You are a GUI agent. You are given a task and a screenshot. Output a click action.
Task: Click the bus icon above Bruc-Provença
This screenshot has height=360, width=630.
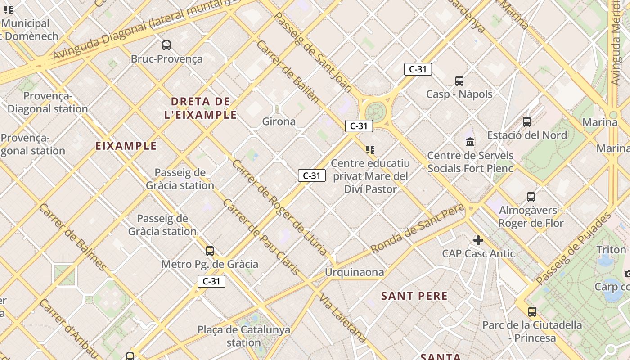pyautogui.click(x=166, y=45)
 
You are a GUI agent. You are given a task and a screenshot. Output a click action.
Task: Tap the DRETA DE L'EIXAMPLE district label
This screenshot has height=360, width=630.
pyautogui.click(x=201, y=108)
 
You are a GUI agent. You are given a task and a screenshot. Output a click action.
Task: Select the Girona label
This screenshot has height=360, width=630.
pyautogui.click(x=279, y=121)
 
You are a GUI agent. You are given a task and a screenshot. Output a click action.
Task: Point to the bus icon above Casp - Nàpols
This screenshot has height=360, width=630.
pyautogui.click(x=459, y=81)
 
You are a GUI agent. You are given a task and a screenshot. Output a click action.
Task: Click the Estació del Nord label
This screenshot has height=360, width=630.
pyautogui.click(x=527, y=135)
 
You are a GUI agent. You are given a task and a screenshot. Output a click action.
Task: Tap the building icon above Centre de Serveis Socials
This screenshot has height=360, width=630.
pyautogui.click(x=470, y=142)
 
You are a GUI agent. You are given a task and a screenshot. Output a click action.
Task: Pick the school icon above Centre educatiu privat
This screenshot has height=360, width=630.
pyautogui.click(x=370, y=149)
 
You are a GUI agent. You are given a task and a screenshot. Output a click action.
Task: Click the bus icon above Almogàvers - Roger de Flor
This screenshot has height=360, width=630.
pyautogui.click(x=531, y=197)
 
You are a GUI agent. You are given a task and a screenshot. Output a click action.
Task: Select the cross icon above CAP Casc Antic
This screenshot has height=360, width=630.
pyautogui.click(x=478, y=240)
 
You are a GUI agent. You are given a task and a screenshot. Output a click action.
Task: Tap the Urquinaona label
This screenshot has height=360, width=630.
pyautogui.click(x=355, y=272)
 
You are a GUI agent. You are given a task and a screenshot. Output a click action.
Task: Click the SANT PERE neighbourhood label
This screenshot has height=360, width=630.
pyautogui.click(x=414, y=296)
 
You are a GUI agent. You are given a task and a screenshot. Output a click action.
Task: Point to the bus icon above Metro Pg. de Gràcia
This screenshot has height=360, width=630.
pyautogui.click(x=210, y=251)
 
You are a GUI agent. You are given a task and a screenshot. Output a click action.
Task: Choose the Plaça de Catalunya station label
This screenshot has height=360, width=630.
pyautogui.click(x=244, y=336)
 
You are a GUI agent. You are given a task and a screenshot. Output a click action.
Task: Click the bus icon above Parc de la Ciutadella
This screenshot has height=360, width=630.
pyautogui.click(x=532, y=311)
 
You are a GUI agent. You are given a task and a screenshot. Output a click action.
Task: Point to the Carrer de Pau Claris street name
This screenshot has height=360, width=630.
pyautogui.click(x=261, y=237)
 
